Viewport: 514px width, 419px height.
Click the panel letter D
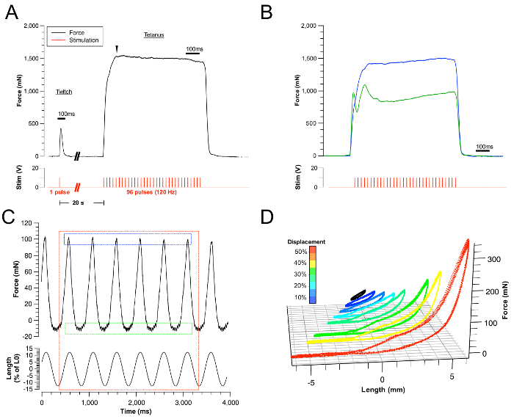pyautogui.click(x=269, y=217)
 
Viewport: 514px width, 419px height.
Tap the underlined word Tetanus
pyautogui.click(x=153, y=34)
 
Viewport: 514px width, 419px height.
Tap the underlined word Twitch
pyautogui.click(x=65, y=92)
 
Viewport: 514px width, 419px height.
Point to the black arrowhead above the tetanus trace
pyautogui.click(x=115, y=49)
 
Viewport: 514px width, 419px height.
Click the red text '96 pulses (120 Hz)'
pyautogui.click(x=153, y=192)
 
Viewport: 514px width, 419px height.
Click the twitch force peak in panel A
pyautogui.click(x=61, y=129)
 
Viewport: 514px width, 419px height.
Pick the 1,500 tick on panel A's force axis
pyautogui.click(x=30, y=58)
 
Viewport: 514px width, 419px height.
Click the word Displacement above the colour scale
pyautogui.click(x=307, y=241)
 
